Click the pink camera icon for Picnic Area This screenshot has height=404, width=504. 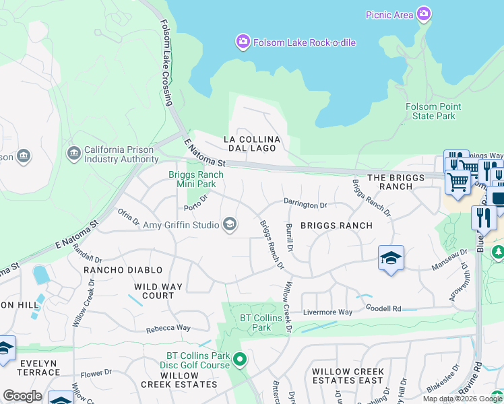point(423,14)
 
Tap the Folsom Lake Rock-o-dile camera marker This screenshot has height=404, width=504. point(243,42)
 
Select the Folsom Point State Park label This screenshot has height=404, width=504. point(433,111)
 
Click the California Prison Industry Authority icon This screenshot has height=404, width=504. point(74,154)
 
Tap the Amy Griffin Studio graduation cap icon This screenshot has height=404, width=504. point(230,225)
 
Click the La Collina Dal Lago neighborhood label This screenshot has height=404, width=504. point(251,143)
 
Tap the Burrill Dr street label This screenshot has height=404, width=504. point(289,238)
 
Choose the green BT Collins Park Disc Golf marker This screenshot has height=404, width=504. point(241,360)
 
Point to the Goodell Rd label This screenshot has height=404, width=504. point(383,308)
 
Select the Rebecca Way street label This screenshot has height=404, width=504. point(168,329)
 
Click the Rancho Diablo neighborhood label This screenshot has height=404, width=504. point(123,270)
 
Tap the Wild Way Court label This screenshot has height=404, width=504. point(158,291)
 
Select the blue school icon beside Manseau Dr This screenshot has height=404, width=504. point(391,259)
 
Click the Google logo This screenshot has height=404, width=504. point(22,396)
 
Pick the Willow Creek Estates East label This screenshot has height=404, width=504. point(348,376)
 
